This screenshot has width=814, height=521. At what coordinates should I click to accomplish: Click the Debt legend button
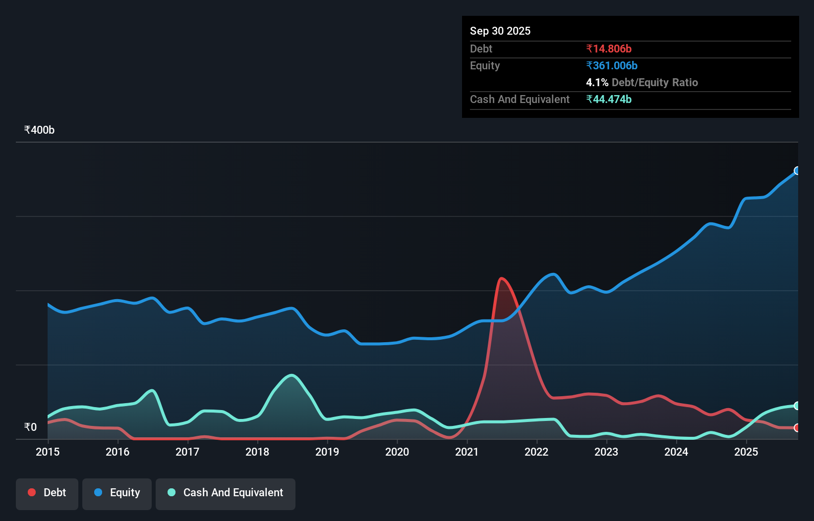47,493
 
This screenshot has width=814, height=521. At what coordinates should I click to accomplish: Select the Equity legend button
117,493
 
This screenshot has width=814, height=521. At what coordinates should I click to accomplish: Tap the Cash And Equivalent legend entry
226,493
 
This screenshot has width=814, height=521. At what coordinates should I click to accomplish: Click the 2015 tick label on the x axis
48,452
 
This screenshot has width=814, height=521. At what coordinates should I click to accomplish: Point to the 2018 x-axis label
257,452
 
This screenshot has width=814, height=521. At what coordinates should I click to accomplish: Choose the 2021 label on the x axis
467,452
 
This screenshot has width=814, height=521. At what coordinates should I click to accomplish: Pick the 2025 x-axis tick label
746,452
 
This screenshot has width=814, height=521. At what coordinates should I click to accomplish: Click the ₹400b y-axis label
40,130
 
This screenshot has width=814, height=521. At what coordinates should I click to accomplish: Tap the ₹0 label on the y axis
31,427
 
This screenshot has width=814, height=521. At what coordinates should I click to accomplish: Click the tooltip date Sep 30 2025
500,31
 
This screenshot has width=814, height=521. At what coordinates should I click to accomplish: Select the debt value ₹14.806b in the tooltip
609,49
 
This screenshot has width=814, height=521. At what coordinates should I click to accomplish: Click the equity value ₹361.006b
612,66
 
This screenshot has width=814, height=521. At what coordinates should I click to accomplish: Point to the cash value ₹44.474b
609,100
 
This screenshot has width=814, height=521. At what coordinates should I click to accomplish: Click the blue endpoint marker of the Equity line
797,171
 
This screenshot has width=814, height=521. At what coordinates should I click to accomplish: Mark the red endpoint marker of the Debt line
797,428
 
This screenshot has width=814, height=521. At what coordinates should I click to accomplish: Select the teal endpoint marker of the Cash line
797,406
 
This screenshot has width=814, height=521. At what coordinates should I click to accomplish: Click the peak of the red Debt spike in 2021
502,278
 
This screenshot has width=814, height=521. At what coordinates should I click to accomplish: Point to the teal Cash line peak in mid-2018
291,375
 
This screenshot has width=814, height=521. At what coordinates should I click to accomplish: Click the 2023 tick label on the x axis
606,452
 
